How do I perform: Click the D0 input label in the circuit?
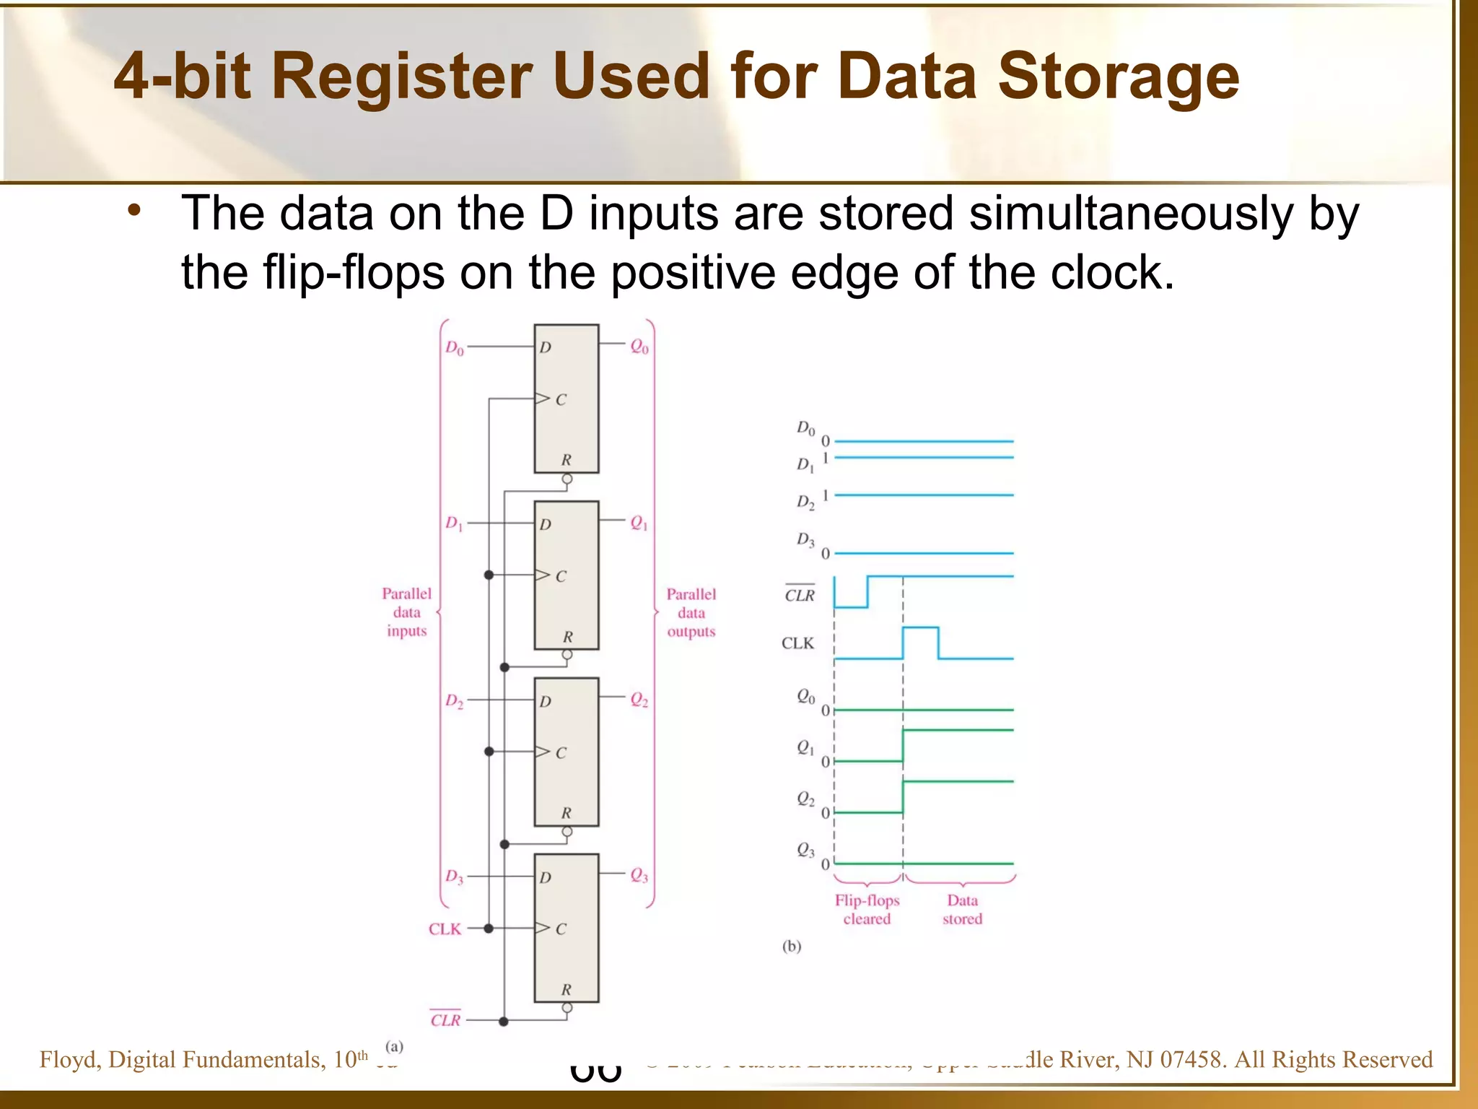point(454,348)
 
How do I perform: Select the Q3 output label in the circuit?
point(639,875)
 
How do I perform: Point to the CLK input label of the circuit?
point(445,929)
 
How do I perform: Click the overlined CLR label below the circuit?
point(445,1019)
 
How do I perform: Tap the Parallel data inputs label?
point(406,612)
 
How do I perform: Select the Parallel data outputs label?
point(691,613)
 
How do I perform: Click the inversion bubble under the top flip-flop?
point(567,479)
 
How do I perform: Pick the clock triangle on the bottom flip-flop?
point(542,928)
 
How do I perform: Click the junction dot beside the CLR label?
point(504,1022)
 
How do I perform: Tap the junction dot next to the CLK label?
point(489,928)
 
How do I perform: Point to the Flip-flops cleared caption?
point(867,910)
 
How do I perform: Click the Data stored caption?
point(962,910)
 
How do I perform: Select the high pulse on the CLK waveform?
point(920,629)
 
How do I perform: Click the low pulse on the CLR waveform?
point(851,606)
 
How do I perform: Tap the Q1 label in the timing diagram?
point(805,748)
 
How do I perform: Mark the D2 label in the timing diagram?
point(805,502)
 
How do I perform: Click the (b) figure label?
point(792,946)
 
